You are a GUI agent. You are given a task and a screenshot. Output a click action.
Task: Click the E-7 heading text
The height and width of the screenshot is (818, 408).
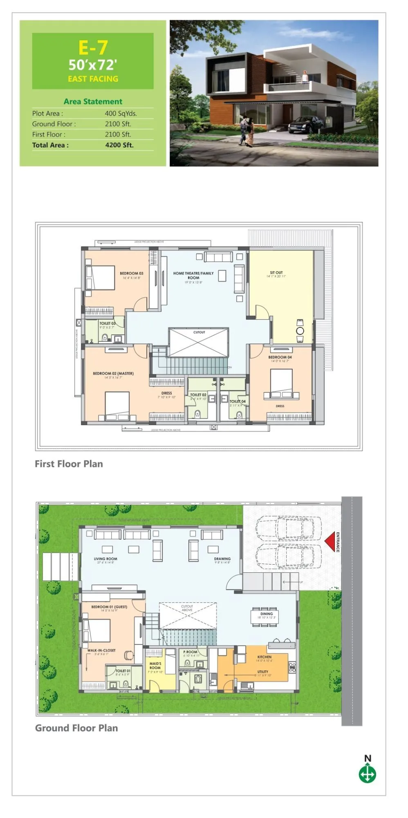[x=93, y=48]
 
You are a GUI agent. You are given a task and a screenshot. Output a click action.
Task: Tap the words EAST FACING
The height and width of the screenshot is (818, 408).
[x=93, y=79]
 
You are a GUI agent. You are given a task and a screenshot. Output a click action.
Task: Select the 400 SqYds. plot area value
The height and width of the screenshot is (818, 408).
[x=121, y=113]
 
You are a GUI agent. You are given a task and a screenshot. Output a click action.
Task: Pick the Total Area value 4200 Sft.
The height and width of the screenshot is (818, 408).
[x=119, y=145]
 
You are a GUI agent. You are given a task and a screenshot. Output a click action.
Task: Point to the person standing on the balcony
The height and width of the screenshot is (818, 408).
[x=305, y=77]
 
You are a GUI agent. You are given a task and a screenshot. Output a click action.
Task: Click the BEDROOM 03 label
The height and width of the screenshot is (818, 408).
[x=131, y=273]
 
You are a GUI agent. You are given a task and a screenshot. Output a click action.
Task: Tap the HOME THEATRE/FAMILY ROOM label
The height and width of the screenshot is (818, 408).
[x=193, y=275]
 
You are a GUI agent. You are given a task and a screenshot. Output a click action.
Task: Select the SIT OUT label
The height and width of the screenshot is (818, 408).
[x=276, y=273]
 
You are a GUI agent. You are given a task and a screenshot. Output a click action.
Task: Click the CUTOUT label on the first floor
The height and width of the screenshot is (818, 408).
[x=199, y=332]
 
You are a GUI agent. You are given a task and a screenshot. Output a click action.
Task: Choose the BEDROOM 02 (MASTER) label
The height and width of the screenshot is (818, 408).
[x=113, y=374]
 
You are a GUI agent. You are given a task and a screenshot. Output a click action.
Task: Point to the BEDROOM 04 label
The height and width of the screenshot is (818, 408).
[x=280, y=357]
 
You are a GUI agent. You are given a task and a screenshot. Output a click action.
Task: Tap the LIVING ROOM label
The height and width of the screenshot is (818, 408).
[x=105, y=559]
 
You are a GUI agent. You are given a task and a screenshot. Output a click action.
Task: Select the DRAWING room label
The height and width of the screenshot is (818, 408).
[x=222, y=559]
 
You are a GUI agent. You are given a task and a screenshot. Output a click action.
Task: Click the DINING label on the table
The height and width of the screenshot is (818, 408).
[x=267, y=614]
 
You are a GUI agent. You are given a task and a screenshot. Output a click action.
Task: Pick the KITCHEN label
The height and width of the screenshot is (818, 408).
[x=264, y=657]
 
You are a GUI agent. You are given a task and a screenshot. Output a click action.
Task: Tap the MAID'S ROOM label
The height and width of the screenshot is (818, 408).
[x=155, y=665]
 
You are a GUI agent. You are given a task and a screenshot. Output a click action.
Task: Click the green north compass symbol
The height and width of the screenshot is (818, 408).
[x=367, y=774]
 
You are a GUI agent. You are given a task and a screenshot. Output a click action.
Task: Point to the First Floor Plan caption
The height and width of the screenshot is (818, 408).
[x=69, y=464]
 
